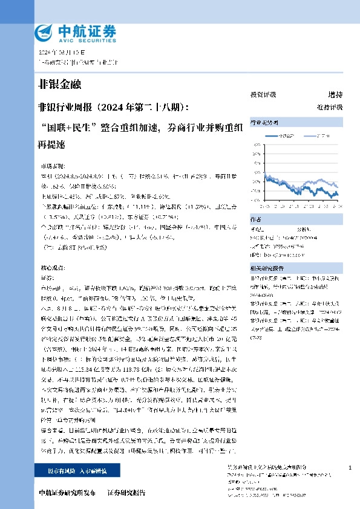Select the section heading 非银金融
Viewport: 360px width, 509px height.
point(59,83)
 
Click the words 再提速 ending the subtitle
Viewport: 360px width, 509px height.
point(51,146)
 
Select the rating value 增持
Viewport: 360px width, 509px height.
point(335,95)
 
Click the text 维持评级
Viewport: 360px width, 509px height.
point(329,106)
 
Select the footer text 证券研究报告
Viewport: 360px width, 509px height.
point(126,493)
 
